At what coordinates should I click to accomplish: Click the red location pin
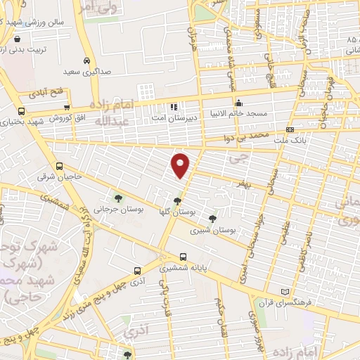[181, 165]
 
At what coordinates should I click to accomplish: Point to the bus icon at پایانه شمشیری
[184, 257]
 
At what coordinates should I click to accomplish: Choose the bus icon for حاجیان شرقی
[59, 167]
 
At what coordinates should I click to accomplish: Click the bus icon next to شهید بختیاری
[21, 111]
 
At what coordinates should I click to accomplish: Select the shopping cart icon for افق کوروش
[66, 108]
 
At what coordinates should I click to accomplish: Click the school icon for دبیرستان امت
[172, 108]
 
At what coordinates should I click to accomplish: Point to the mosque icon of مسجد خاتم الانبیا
[239, 103]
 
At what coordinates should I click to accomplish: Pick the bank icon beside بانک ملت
[290, 130]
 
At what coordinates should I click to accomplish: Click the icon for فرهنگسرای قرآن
[284, 292]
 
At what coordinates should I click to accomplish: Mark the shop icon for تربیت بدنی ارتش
[17, 39]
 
